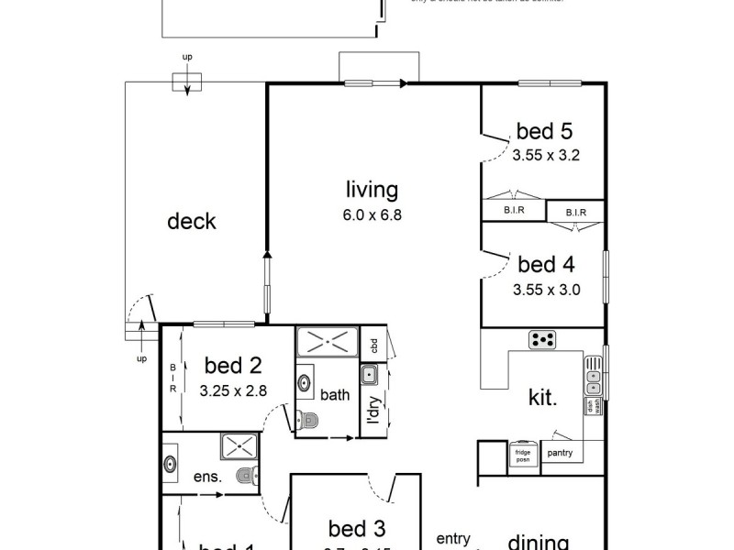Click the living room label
coord(372,191)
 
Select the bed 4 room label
coord(546,266)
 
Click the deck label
coord(192,221)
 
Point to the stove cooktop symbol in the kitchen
coord(543,340)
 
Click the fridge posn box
coord(523,455)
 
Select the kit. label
coord(541,398)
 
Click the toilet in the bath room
coord(306,420)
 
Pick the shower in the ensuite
coord(240,447)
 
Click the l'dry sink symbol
coord(370,374)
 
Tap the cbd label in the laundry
coord(374,346)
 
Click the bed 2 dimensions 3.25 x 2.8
coord(232,390)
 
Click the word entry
coord(452,538)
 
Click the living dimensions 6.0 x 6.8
coord(373,216)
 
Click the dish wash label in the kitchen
coord(592,407)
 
